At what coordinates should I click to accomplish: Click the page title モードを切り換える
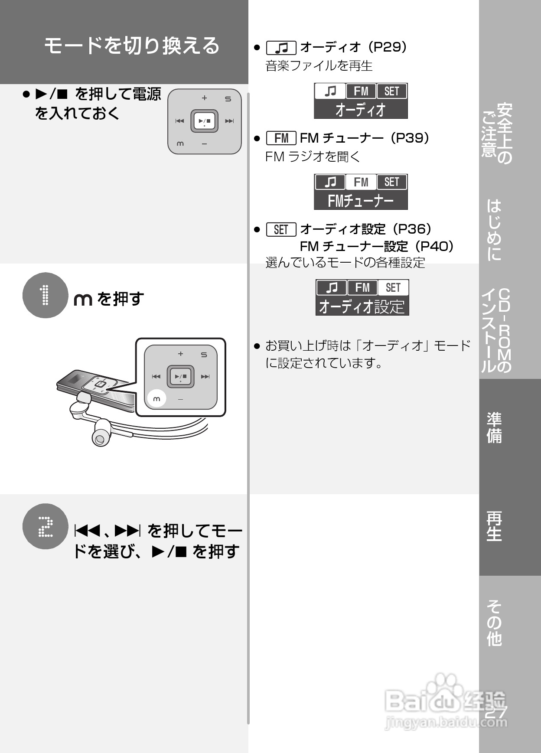(132, 46)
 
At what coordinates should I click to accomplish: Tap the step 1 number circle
(45, 295)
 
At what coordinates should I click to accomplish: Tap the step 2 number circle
(45, 526)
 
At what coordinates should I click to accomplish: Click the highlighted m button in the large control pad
(156, 399)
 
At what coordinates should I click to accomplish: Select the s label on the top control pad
(228, 99)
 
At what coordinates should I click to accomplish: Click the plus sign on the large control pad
(181, 354)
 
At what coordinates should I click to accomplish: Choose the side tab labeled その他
(495, 623)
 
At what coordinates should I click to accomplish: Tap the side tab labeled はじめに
(495, 230)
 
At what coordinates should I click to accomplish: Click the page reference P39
(409, 138)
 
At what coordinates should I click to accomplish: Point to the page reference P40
(434, 246)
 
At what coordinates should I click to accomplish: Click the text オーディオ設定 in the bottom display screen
(362, 306)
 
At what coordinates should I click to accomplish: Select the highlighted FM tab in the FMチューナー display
(361, 182)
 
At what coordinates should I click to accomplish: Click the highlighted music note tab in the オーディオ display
(330, 91)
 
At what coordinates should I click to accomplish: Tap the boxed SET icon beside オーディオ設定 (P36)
(281, 229)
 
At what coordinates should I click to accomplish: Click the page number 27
(495, 712)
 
